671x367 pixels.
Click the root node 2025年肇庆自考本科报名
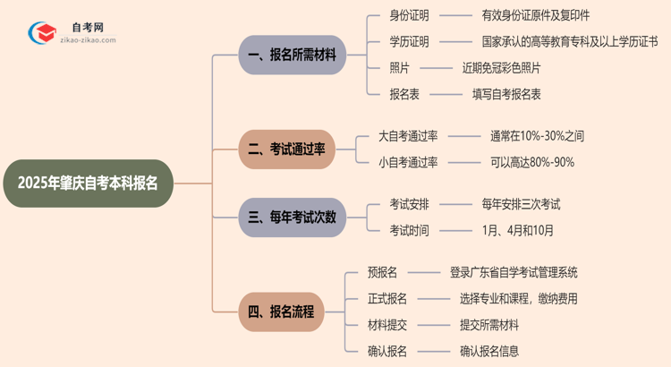click(87, 183)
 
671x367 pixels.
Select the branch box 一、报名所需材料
click(292, 55)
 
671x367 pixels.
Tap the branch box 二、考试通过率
click(286, 149)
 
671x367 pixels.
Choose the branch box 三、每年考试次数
click(292, 217)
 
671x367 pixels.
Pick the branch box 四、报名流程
click(281, 312)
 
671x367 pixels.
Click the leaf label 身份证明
click(409, 15)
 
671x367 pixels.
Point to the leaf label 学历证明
click(409, 41)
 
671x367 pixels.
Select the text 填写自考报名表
click(506, 93)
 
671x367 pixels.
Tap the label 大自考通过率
click(408, 136)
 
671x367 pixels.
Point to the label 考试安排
click(409, 204)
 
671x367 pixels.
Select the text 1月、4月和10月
click(517, 230)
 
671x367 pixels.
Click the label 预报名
click(382, 272)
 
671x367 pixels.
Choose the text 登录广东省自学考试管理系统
click(514, 272)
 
